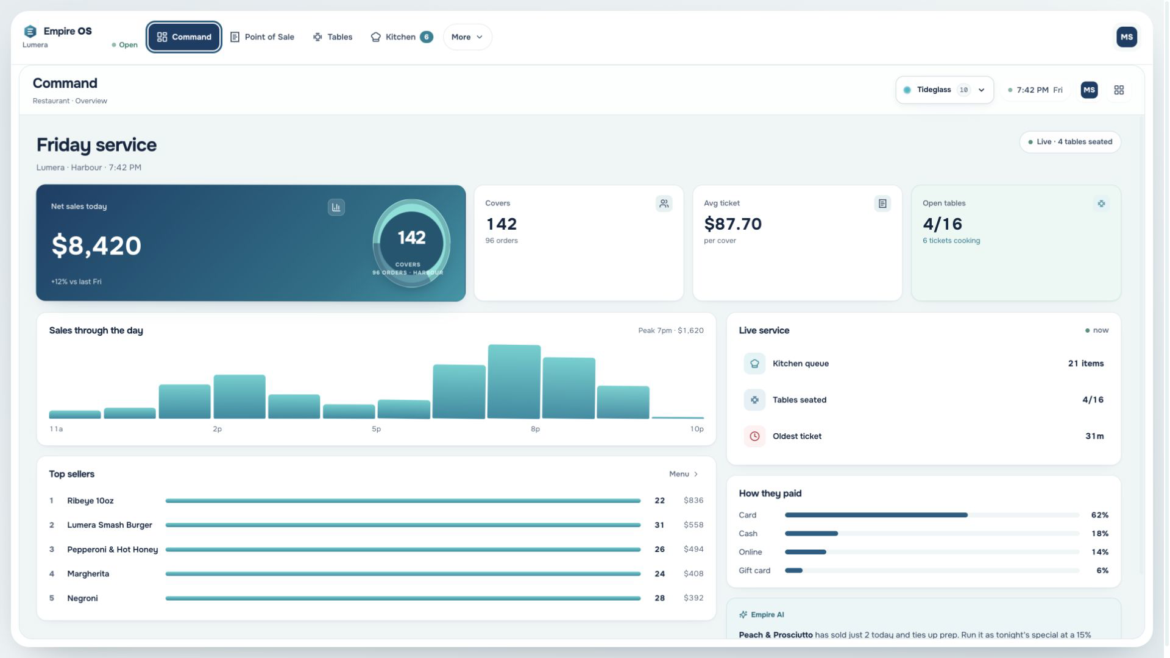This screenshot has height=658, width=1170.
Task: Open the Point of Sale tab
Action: click(262, 37)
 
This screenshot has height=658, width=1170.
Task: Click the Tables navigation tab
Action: click(333, 37)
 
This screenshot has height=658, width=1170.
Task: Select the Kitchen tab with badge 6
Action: click(402, 37)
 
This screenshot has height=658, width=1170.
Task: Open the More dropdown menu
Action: click(467, 37)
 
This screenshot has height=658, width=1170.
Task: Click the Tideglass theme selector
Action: click(944, 90)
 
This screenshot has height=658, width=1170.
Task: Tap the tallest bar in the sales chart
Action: click(514, 381)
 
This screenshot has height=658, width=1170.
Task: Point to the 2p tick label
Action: click(217, 429)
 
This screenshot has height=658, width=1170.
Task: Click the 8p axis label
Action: click(535, 429)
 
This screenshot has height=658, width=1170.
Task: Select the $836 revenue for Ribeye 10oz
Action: click(693, 500)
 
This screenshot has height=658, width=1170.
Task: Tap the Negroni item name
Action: click(82, 598)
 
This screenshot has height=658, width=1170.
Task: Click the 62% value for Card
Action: click(1099, 515)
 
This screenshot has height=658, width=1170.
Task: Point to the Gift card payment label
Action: click(754, 571)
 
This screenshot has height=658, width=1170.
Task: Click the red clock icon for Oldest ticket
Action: click(754, 436)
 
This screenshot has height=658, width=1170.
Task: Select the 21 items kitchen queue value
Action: click(1085, 364)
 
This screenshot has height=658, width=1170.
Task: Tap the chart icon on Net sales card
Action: click(336, 207)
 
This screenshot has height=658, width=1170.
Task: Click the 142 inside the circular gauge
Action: click(411, 238)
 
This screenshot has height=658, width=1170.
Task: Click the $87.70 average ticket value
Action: click(732, 224)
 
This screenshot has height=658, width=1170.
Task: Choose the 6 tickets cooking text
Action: click(951, 241)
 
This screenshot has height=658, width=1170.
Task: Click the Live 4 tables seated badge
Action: click(1070, 142)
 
